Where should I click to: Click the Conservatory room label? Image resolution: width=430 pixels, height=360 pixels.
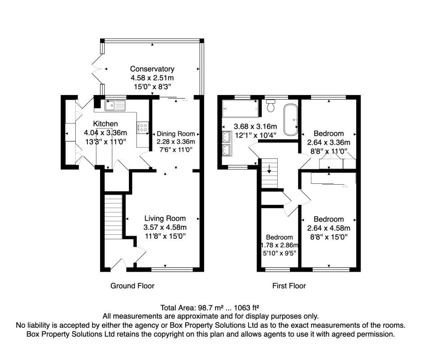[152, 69]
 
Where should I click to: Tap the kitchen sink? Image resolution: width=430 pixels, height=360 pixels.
[115, 105]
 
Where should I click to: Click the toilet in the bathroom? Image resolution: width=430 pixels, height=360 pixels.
[271, 105]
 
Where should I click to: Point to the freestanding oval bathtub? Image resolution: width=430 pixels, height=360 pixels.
[291, 119]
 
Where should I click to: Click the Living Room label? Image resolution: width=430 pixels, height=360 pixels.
[165, 218]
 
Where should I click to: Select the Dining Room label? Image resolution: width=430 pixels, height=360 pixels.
[176, 134]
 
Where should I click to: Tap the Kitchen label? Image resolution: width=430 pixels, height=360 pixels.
[105, 123]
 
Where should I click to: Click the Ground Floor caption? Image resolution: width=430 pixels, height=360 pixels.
[133, 286]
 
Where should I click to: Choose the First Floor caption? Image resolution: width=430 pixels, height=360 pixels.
[289, 286]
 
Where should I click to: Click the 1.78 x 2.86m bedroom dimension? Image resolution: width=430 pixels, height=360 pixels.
[279, 245]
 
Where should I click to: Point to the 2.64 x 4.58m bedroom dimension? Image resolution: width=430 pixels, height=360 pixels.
[329, 228]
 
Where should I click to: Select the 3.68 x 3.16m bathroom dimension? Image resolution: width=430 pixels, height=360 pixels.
[255, 127]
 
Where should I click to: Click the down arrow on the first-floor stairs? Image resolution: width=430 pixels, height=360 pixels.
[269, 169]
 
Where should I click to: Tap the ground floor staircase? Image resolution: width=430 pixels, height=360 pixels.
[114, 217]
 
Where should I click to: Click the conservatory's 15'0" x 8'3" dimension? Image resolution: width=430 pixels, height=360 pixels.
[152, 87]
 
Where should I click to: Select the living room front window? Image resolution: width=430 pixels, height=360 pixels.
[172, 270]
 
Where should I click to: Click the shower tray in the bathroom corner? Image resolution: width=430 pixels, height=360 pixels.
[240, 109]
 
